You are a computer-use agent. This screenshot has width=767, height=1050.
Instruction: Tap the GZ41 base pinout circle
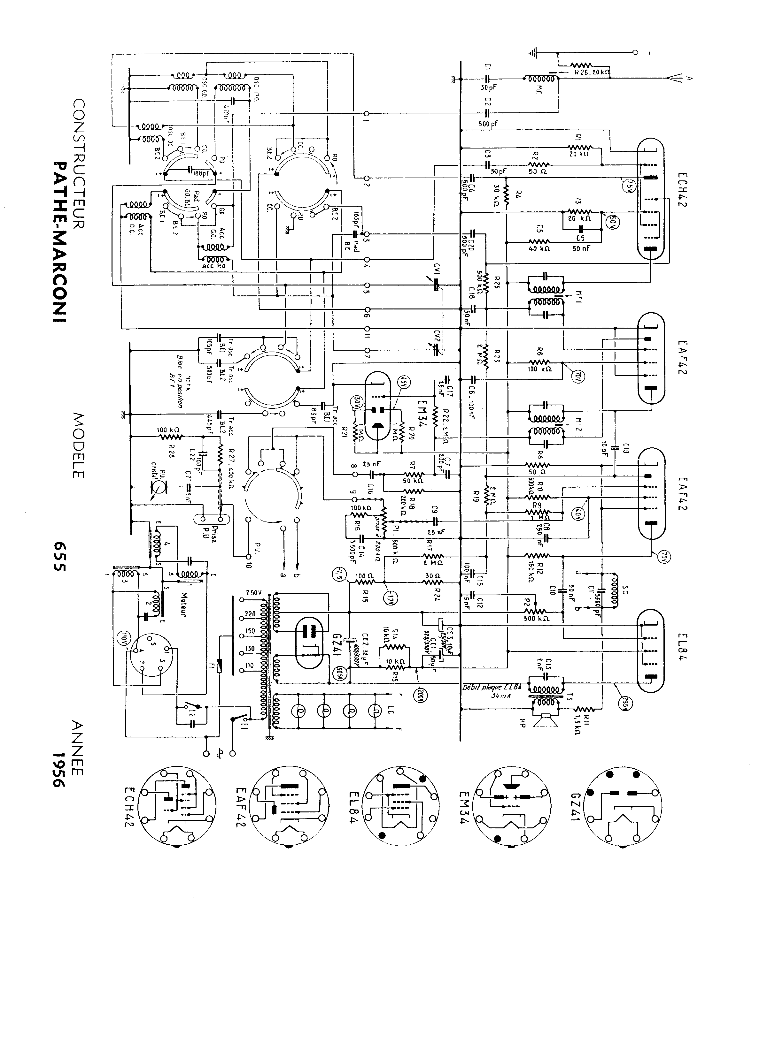tap(622, 806)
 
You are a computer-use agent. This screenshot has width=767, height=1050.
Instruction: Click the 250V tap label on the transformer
tap(254, 593)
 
